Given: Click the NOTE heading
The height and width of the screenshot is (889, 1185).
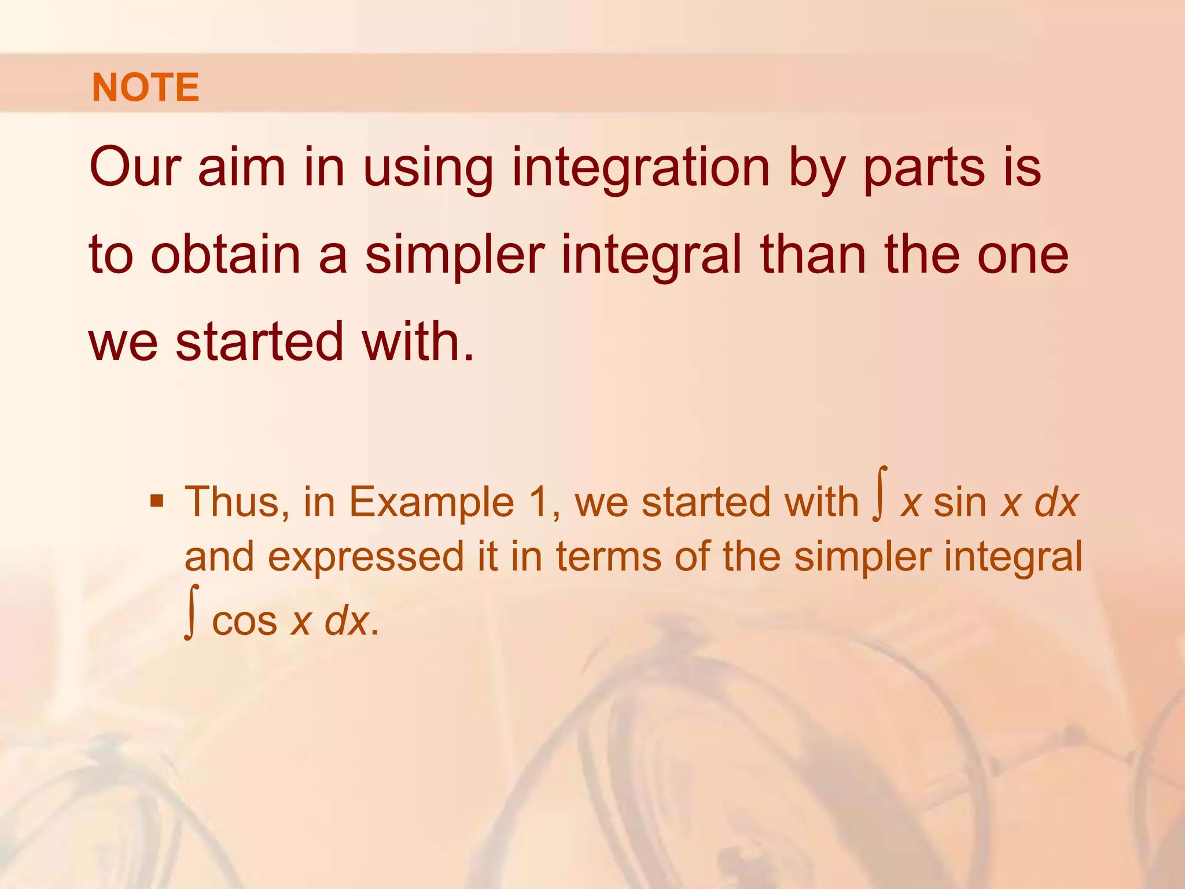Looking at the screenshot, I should tap(145, 87).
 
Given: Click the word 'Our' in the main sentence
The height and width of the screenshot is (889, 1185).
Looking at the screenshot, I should tap(135, 167).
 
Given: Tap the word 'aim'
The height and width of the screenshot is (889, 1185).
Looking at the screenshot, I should tap(242, 167).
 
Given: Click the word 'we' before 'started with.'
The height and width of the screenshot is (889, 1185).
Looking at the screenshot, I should tap(123, 343).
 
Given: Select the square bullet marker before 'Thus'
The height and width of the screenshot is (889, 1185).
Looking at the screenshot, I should tap(156, 499).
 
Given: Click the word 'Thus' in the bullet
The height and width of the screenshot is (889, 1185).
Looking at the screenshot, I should tap(236, 502).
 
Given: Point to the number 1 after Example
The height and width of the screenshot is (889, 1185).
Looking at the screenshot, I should tap(541, 502).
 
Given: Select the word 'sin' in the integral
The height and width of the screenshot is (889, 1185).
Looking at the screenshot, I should tap(960, 502).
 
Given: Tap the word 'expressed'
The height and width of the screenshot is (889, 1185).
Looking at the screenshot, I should tap(366, 557).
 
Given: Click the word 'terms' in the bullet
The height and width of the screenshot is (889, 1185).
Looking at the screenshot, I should tap(609, 557).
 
